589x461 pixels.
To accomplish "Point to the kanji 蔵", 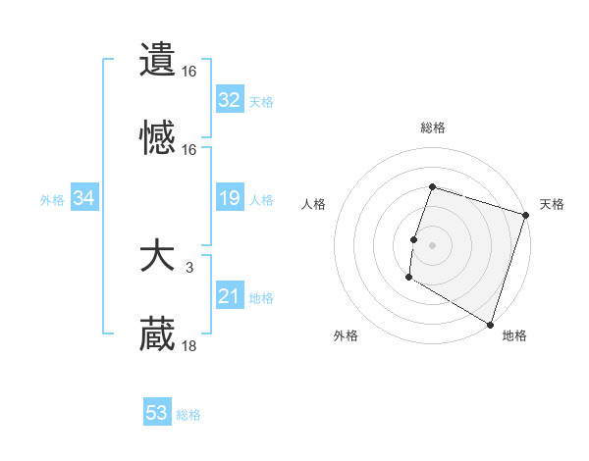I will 157,335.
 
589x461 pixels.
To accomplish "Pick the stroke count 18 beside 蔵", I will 189,345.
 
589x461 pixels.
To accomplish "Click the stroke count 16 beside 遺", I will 189,71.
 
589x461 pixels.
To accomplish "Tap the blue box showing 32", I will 229,100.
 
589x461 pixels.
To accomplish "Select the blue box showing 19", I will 229,199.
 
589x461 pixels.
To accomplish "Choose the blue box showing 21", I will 229,296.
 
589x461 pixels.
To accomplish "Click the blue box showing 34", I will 84,199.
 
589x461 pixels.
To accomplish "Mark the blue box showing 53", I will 157,413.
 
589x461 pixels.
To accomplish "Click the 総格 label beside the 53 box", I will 189,415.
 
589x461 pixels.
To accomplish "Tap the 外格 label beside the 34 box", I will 52,200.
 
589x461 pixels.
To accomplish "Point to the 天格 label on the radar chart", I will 552,204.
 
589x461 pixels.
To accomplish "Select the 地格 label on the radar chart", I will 514,335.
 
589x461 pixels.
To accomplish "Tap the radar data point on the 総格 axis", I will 432,187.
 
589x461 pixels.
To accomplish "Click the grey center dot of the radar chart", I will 432,244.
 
